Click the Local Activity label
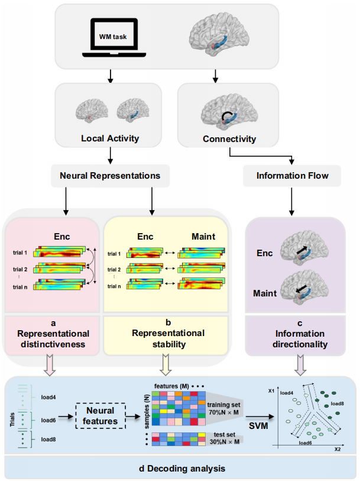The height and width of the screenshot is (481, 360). (x=109, y=140)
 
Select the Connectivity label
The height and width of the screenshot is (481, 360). (x=228, y=140)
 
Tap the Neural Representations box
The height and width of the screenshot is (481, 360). (x=111, y=176)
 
